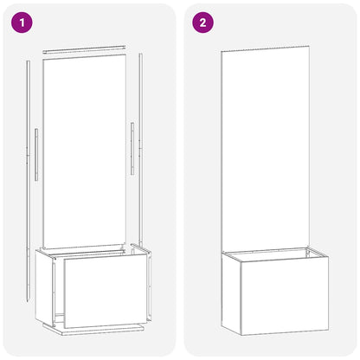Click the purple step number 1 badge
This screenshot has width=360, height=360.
click(x=20, y=22)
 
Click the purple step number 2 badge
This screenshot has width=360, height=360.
click(x=202, y=22)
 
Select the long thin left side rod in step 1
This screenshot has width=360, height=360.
click(x=29, y=173)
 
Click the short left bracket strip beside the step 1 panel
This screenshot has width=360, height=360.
click(x=36, y=155)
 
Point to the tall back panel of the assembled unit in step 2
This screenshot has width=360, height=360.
click(x=267, y=147)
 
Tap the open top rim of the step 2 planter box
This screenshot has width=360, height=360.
click(x=275, y=253)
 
